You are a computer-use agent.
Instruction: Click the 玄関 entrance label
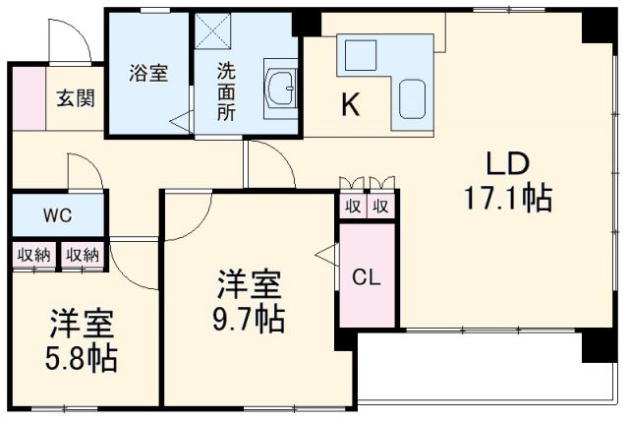(x=75, y=97)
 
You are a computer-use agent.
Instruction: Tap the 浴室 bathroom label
(x=149, y=73)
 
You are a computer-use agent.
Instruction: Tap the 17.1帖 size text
(x=507, y=199)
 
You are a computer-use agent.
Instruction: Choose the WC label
(x=55, y=213)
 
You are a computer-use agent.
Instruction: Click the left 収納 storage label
(x=33, y=255)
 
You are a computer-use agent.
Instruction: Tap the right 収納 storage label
(x=83, y=255)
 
